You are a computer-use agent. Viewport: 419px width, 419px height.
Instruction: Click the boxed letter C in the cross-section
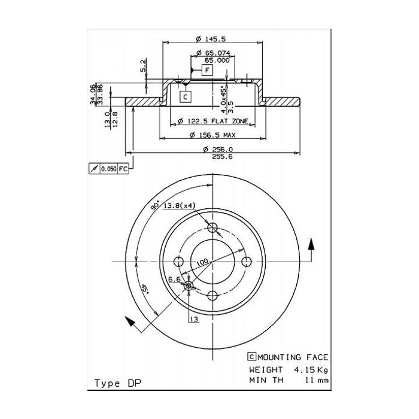tap(185, 97)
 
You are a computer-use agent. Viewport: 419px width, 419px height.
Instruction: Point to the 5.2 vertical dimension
tap(143, 66)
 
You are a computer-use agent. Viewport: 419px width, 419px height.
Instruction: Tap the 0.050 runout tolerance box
tap(109, 169)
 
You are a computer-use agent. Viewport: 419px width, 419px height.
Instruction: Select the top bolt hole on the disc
tap(213, 227)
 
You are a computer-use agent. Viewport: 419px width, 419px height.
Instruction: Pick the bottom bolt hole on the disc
tap(213, 295)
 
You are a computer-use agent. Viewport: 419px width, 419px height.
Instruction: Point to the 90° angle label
tap(154, 205)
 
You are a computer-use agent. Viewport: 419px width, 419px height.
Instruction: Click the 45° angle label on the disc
tap(144, 290)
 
